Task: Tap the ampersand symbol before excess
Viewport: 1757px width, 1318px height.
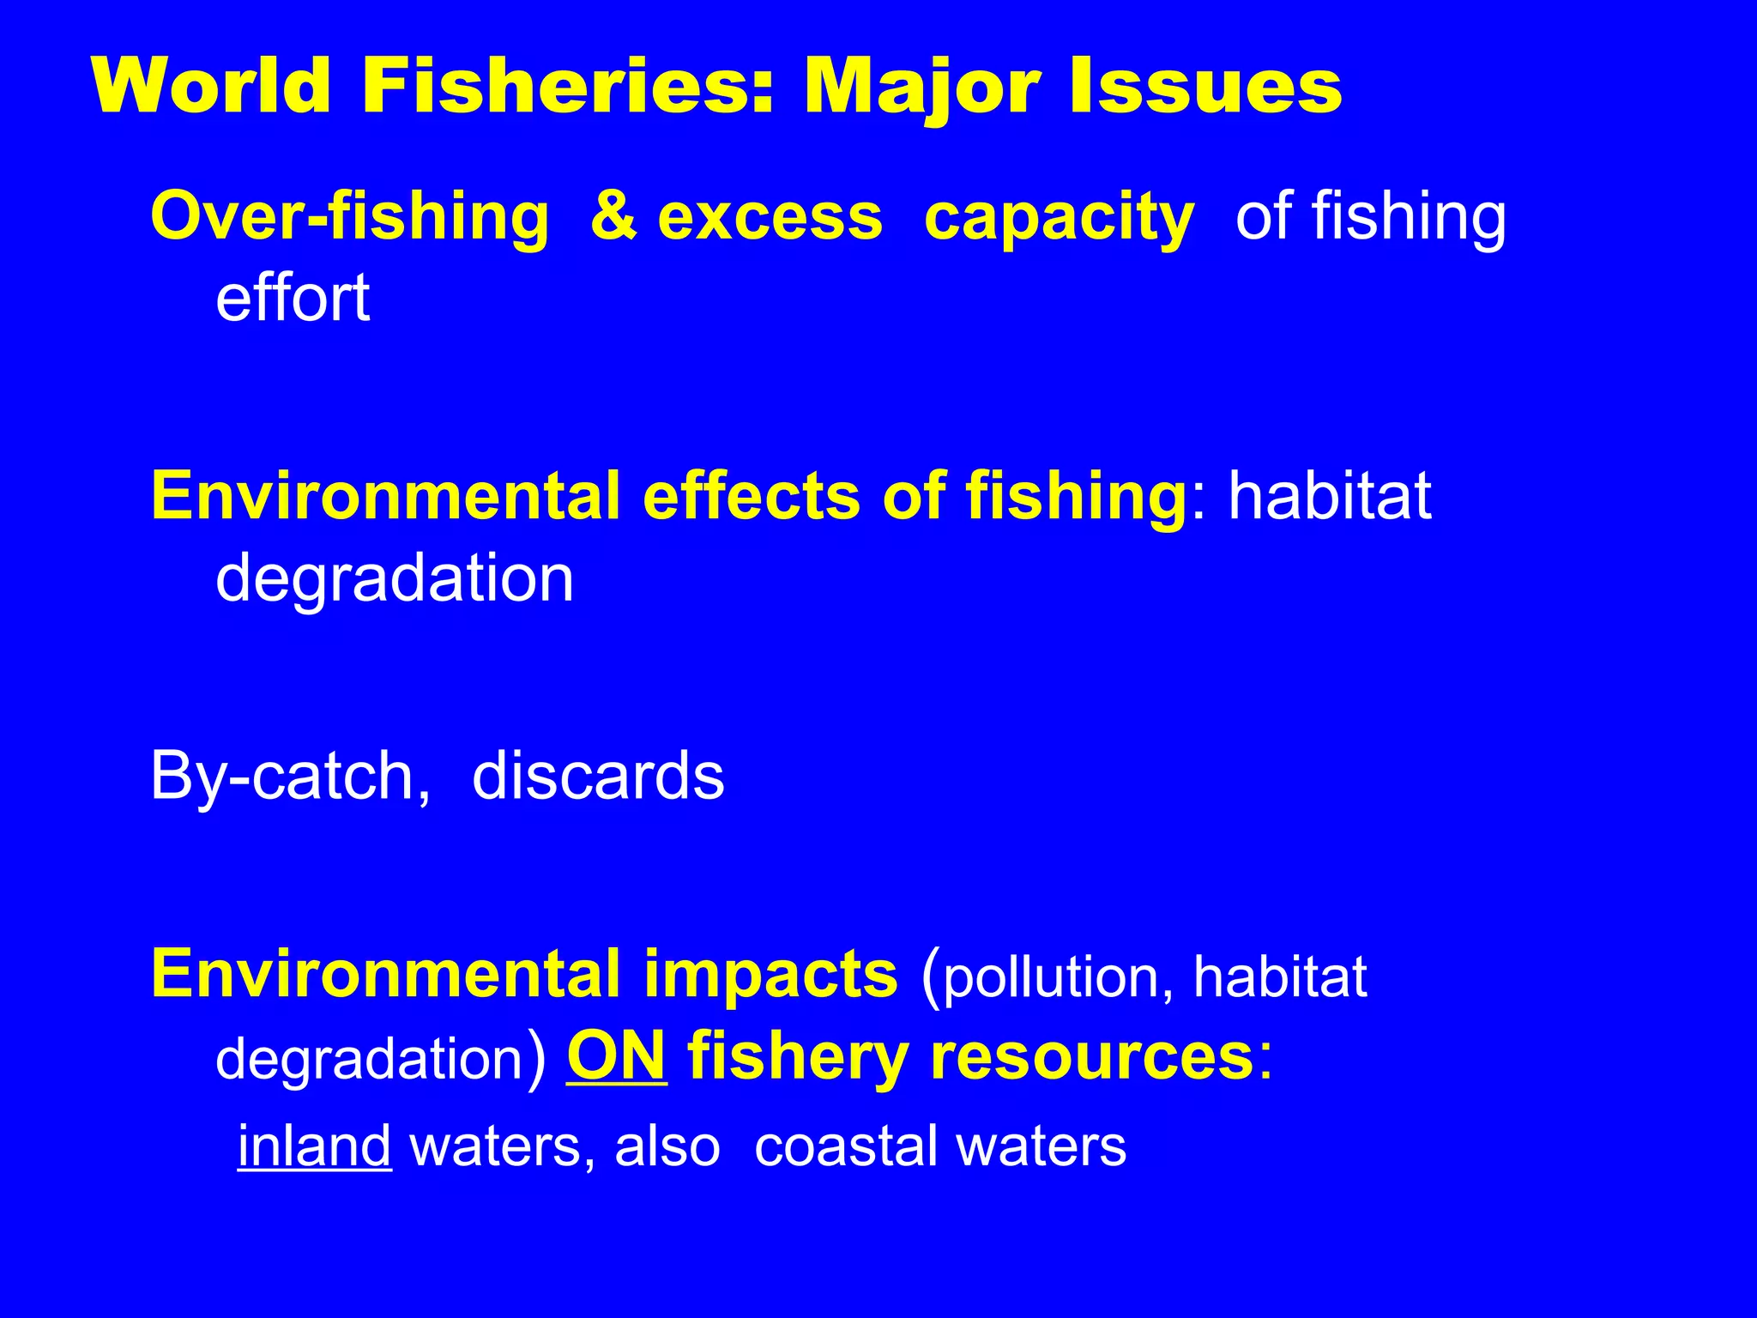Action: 613,216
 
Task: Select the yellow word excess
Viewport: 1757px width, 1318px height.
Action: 770,218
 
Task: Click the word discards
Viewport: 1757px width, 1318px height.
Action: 598,776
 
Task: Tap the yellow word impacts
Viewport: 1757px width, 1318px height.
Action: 770,976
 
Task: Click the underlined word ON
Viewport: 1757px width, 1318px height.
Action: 616,1055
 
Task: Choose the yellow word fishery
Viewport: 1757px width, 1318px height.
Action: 798,1057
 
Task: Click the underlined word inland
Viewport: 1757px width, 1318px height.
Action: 314,1146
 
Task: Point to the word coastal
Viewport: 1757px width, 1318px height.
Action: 845,1146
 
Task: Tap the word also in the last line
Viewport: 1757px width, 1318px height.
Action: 667,1146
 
